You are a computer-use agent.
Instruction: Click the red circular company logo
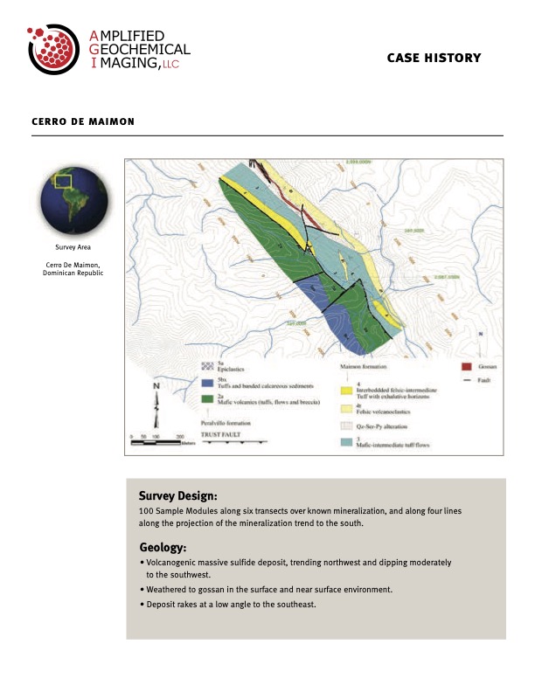54,50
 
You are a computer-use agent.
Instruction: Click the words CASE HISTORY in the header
434,59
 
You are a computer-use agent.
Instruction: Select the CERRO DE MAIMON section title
83,121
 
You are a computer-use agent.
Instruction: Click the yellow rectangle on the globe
63,183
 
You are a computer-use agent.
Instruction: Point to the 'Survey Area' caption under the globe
73,248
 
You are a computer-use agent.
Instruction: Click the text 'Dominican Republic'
73,273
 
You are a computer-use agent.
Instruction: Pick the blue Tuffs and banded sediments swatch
208,383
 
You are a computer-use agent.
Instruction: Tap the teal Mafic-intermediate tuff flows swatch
345,443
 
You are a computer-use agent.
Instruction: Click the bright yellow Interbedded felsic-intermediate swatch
345,388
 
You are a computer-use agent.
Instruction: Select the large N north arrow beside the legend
156,401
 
